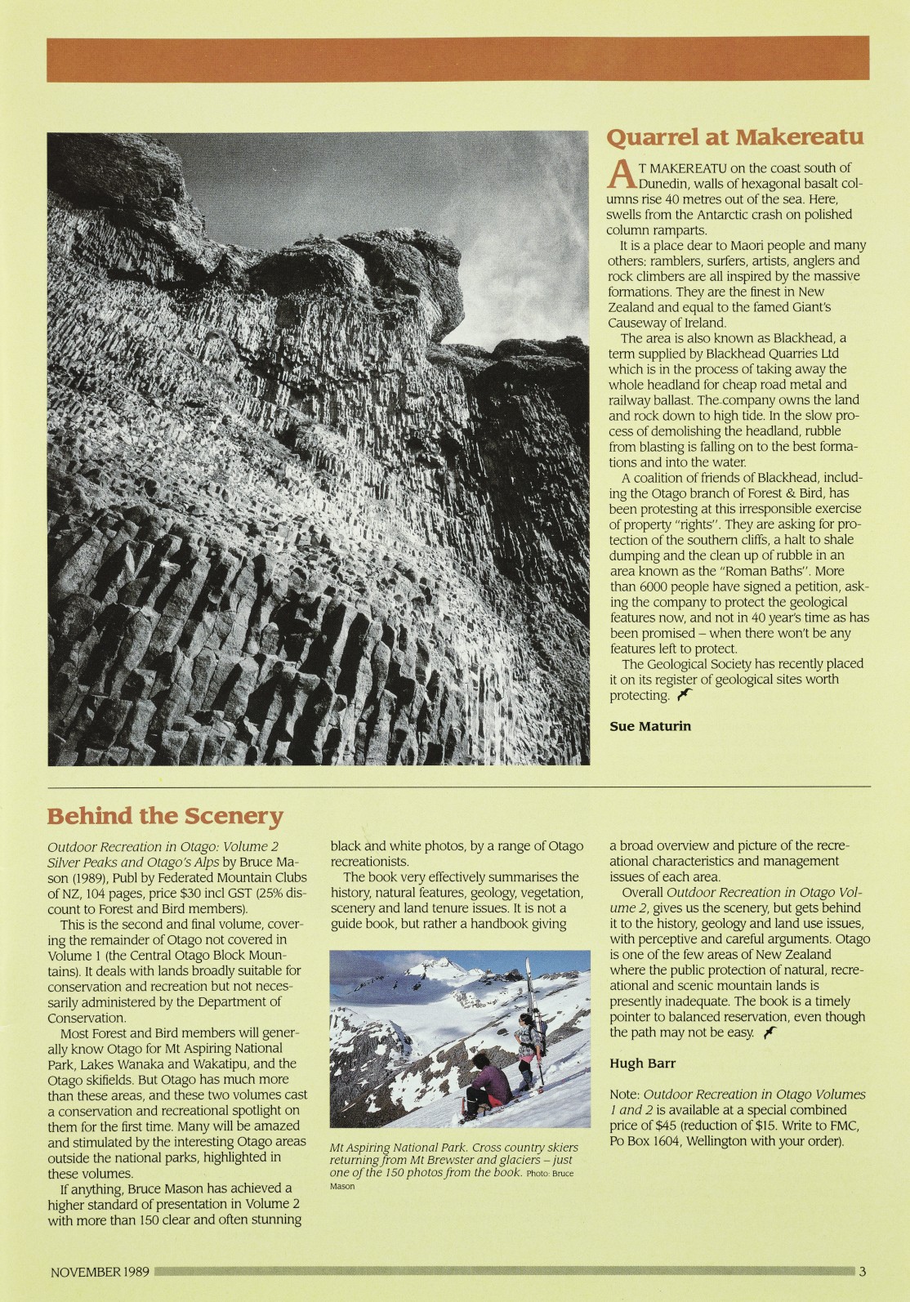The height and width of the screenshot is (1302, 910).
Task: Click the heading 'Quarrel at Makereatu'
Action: click(734, 136)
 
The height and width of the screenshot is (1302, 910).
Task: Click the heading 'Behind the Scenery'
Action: click(165, 816)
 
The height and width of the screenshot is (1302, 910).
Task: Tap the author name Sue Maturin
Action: click(650, 725)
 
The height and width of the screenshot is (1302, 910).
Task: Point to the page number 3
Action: click(862, 1271)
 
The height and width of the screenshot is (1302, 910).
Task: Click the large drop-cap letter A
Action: click(622, 174)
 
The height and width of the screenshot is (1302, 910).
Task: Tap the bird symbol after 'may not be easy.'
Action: click(768, 1033)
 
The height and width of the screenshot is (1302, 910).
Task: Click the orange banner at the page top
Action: click(457, 59)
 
